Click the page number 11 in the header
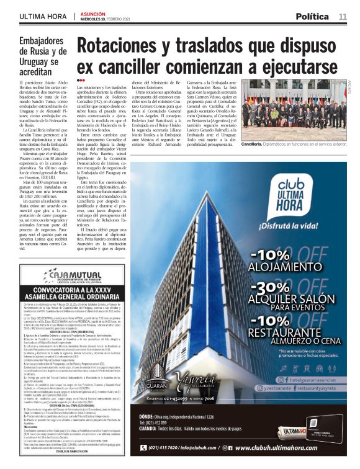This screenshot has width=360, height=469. tap(343, 16)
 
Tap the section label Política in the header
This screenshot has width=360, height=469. tap(312, 16)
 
